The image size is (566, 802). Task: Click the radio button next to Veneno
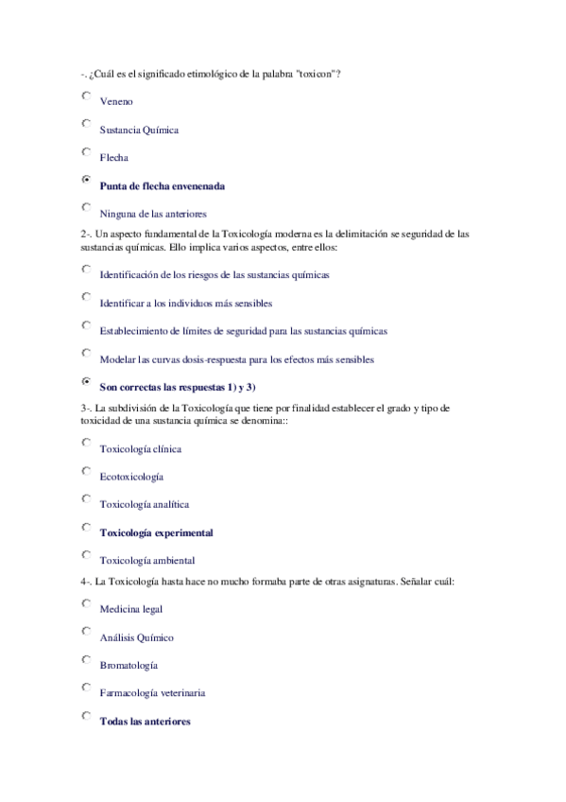[x=86, y=96]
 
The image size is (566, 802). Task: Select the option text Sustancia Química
[x=139, y=130]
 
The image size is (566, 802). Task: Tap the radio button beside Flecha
[x=86, y=151]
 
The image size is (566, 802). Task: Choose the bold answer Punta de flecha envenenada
[x=162, y=185]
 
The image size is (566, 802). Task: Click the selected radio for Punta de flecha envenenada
[x=86, y=180]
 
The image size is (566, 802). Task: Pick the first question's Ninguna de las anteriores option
[x=153, y=214]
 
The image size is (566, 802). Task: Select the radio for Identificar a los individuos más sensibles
[x=86, y=297]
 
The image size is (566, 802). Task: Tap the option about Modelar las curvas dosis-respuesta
[x=236, y=359]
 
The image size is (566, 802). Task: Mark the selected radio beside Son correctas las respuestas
[x=86, y=381]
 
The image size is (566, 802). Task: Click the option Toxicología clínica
[x=140, y=449]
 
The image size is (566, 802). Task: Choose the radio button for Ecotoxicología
[x=86, y=471]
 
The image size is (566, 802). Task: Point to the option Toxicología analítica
[x=145, y=505]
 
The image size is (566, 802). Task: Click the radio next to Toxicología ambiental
[x=86, y=555]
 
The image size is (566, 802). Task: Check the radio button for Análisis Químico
[x=86, y=632]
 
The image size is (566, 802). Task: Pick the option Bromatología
[x=129, y=666]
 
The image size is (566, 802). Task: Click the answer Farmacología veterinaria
[x=152, y=693]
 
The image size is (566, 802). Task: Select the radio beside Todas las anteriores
[x=86, y=716]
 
